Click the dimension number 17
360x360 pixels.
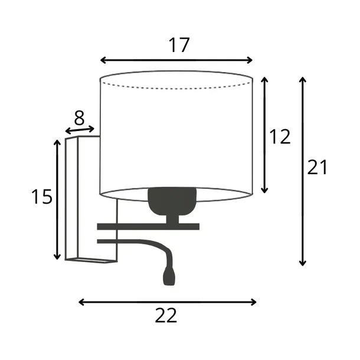point(179,45)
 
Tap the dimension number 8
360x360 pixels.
point(79,118)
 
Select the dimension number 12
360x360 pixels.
point(280,136)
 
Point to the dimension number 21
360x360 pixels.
point(317,167)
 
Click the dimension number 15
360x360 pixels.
point(42,197)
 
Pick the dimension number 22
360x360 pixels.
point(166,316)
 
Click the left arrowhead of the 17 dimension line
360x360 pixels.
point(103,60)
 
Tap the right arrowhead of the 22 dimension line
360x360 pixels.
point(253,302)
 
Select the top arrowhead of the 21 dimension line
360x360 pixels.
point(303,80)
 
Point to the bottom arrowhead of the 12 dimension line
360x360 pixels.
point(264,191)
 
